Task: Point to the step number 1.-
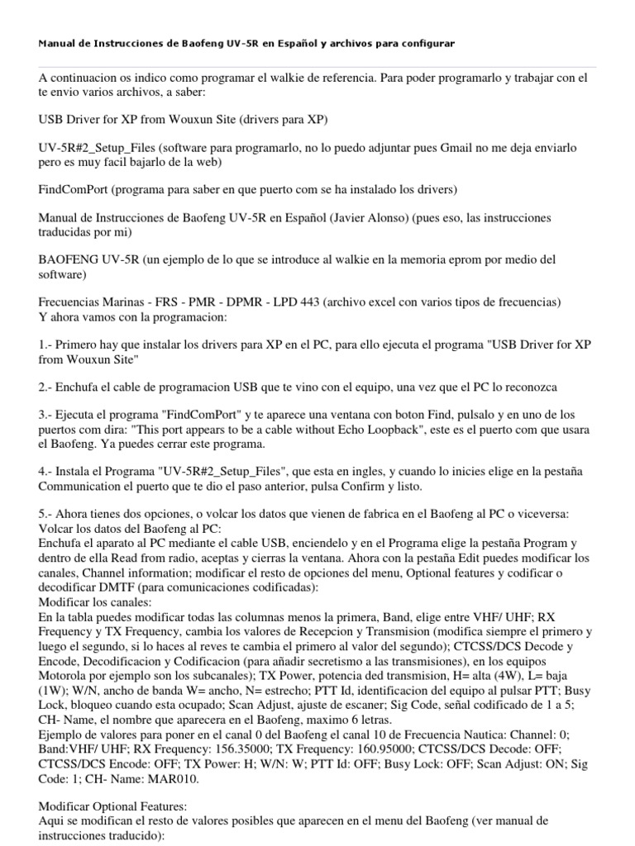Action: pos(46,343)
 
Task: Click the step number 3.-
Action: pos(46,414)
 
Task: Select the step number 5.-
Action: pos(46,513)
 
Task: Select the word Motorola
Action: pos(65,674)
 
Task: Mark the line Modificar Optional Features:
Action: pos(113,806)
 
